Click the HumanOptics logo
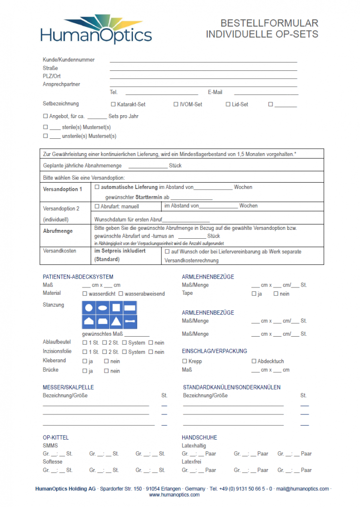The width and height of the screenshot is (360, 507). point(96,29)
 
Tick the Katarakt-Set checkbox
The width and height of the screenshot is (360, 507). point(113,104)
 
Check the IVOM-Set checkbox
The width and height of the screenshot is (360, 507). point(176,104)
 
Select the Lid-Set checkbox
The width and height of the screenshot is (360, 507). point(228,104)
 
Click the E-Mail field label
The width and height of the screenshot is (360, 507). point(215,92)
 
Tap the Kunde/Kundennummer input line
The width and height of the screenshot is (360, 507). point(203,61)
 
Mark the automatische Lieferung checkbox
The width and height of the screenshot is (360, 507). point(97,188)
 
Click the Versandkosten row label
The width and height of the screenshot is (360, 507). point(60,251)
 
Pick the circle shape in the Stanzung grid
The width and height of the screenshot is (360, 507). point(89,308)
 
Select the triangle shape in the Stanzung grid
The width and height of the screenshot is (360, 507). point(116,322)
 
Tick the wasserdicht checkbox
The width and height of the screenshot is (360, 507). point(85,294)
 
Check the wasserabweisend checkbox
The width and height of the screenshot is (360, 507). point(121,294)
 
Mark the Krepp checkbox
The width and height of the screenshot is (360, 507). point(185,361)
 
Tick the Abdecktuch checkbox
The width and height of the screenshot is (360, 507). point(254,361)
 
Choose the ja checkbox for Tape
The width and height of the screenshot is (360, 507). point(254,294)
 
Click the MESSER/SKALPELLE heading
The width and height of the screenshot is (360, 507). point(68,387)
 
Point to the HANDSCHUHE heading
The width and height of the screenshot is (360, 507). point(199,438)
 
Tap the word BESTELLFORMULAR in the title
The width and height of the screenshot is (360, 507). point(269,23)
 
